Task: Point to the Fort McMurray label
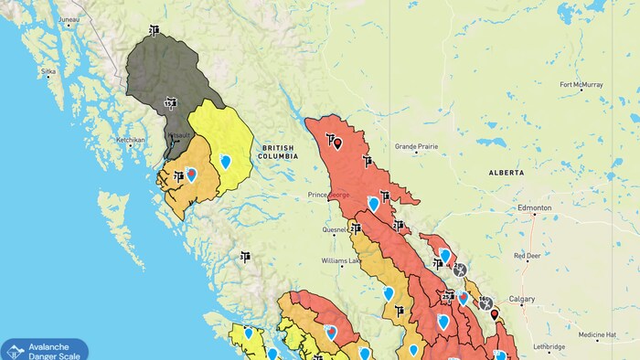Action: click(581, 85)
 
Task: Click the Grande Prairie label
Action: click(417, 146)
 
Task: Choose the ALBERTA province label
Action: click(507, 172)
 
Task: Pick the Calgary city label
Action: click(522, 299)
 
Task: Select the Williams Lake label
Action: click(341, 261)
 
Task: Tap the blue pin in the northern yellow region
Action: click(225, 161)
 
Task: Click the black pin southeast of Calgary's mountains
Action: click(495, 314)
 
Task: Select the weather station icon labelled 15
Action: click(169, 103)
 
